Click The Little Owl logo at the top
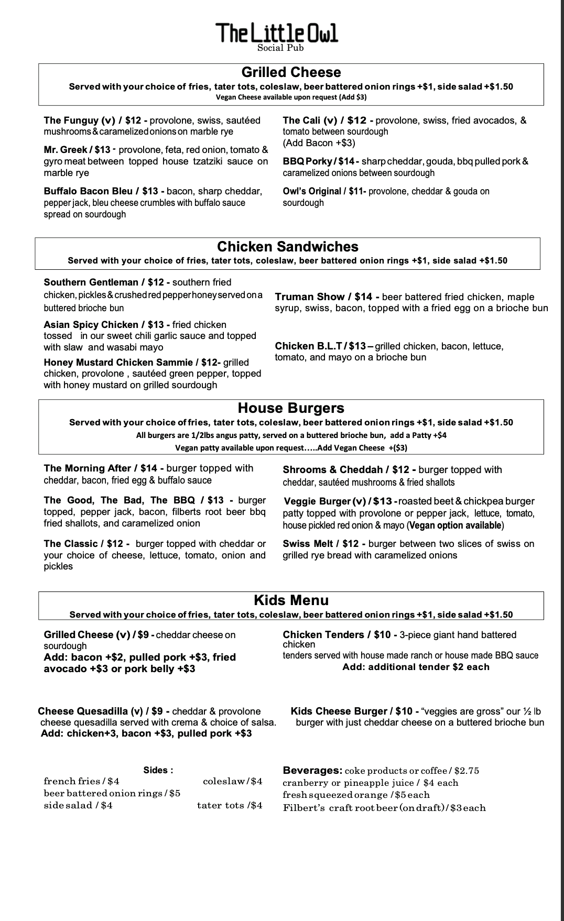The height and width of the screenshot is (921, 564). pyautogui.click(x=277, y=32)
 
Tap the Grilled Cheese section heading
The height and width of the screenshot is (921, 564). pyautogui.click(x=291, y=72)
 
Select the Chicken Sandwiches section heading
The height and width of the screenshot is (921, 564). pyautogui.click(x=287, y=247)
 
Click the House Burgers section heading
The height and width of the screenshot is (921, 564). pyautogui.click(x=291, y=408)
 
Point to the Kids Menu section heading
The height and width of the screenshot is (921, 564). pyautogui.click(x=291, y=600)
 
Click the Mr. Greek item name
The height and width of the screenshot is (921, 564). pyautogui.click(x=66, y=150)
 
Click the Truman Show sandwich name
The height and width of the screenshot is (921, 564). pyautogui.click(x=310, y=297)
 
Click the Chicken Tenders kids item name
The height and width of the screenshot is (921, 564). pyautogui.click(x=326, y=635)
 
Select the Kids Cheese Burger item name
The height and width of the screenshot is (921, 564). pyautogui.click(x=339, y=711)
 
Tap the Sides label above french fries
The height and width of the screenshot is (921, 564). pyautogui.click(x=158, y=770)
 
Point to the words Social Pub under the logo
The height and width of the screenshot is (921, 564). pyautogui.click(x=280, y=48)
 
